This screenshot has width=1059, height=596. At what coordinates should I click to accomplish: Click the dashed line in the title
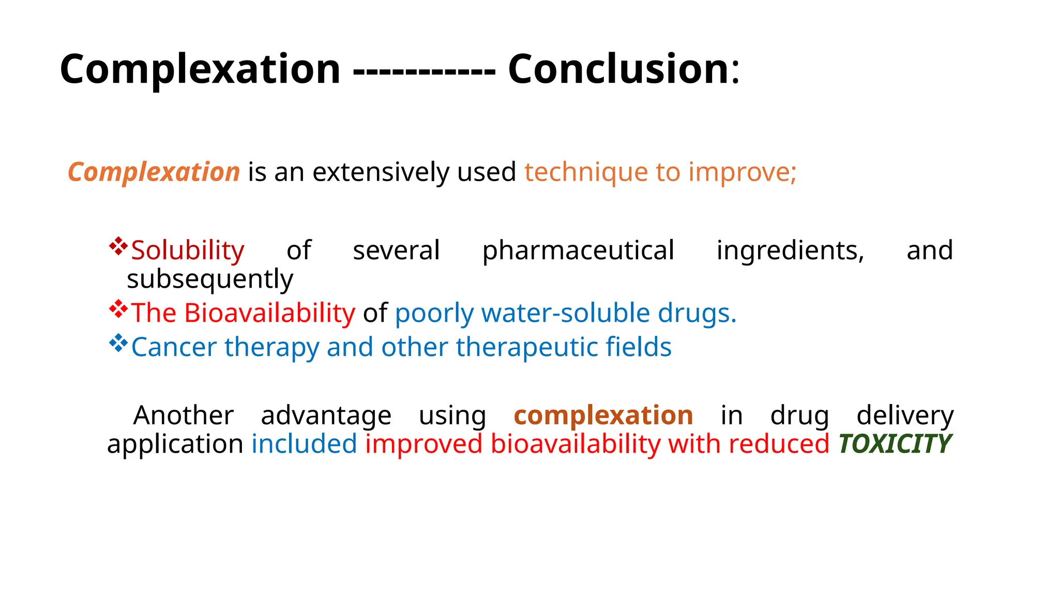pos(424,71)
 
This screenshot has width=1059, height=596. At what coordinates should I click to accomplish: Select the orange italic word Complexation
pos(154,172)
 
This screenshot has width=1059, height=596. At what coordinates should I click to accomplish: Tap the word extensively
pos(381,173)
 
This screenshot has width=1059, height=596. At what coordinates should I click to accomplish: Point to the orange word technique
pos(586,173)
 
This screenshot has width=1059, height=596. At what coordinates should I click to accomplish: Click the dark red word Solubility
pos(188,251)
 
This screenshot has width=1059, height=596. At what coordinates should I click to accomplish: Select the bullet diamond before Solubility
pos(118,246)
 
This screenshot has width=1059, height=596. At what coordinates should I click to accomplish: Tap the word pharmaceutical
pos(578,251)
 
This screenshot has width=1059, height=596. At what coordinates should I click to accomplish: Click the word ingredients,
pos(790,251)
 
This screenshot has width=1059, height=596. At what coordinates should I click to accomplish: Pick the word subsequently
pos(210,279)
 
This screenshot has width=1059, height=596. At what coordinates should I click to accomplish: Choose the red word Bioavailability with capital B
pos(269,313)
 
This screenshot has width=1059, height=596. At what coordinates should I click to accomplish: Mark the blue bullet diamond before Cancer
pos(118,343)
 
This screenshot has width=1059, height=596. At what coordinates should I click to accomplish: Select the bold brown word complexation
pos(603,415)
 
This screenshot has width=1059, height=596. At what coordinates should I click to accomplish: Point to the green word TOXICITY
pos(895,444)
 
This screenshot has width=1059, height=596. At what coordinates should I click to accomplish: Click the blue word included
pos(304,444)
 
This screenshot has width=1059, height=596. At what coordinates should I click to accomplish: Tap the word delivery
pos(905,415)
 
